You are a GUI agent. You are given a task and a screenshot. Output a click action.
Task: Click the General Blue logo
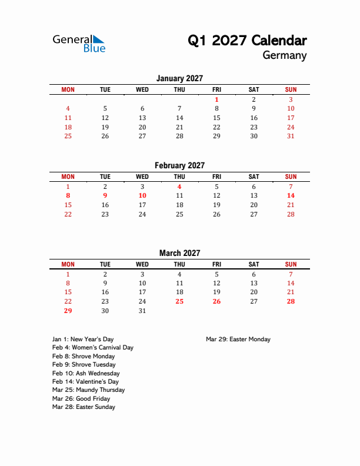pos(79,43)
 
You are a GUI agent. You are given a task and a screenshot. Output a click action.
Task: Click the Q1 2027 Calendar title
pos(247,41)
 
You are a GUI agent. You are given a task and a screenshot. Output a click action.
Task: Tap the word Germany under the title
pos(285,56)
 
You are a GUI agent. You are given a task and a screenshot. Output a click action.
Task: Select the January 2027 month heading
pos(179,78)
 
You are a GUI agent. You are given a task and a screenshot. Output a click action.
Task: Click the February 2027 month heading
pos(179,165)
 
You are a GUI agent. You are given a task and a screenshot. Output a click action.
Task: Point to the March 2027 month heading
pos(179,253)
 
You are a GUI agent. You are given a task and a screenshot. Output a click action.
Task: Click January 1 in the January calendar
pos(216,99)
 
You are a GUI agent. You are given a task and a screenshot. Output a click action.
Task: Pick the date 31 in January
pos(291,137)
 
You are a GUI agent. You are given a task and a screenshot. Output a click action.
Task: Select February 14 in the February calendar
pos(291,195)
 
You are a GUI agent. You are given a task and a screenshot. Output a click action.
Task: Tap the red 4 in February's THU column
pos(179,187)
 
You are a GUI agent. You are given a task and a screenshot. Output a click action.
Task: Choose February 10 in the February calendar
pos(142,195)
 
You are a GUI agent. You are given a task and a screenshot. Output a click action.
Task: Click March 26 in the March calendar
pos(216,301)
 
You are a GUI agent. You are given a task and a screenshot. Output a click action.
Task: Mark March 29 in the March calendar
pos(68,311)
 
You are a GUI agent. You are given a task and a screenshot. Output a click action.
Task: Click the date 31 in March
pos(142,311)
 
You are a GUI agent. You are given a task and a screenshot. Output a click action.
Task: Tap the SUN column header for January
pos(291,89)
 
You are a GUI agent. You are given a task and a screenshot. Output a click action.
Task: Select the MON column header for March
pos(68,265)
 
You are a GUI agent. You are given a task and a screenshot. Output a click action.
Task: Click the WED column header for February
pos(142,177)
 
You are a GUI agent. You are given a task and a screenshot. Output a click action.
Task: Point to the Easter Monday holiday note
pos(238,339)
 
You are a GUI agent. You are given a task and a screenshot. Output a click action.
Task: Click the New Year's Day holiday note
pos(83,339)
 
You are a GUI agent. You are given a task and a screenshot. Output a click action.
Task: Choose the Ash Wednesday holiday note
pos(86,373)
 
